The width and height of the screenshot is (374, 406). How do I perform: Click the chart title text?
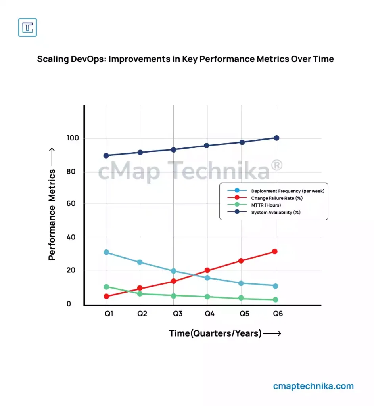tap(185, 59)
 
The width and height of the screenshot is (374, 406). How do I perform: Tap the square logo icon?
tap(27, 27)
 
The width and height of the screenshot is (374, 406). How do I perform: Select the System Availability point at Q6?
tap(276, 138)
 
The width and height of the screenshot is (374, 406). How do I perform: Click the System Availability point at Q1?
tap(106, 155)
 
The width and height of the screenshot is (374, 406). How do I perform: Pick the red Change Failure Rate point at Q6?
tap(274, 251)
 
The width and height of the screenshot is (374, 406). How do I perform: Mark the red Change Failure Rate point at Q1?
tap(106, 296)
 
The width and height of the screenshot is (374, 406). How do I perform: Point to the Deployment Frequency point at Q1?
tap(106, 252)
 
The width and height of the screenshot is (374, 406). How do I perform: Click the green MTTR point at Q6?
tap(275, 300)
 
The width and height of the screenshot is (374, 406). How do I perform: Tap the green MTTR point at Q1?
tap(106, 287)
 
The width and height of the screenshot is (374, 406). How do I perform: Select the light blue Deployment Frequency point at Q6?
tap(276, 286)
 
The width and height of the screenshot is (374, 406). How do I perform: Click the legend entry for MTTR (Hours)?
tap(266, 205)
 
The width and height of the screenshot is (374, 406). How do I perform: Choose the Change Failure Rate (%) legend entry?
tap(274, 198)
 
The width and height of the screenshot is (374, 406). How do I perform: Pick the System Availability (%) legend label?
tap(276, 212)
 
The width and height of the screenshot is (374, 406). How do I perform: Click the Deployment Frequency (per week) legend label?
tap(288, 191)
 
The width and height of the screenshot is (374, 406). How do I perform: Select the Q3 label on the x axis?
tap(177, 314)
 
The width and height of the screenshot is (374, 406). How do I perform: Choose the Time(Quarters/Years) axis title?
tap(215, 333)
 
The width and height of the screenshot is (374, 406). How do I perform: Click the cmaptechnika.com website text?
tap(313, 386)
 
